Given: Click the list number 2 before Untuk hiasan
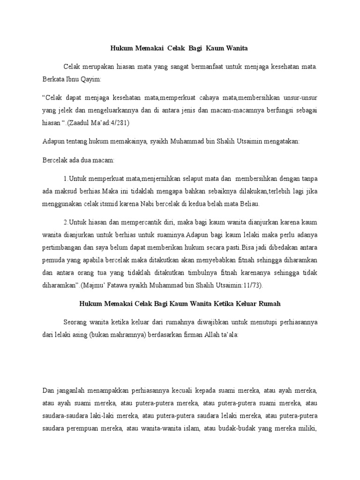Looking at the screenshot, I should (65, 222).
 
